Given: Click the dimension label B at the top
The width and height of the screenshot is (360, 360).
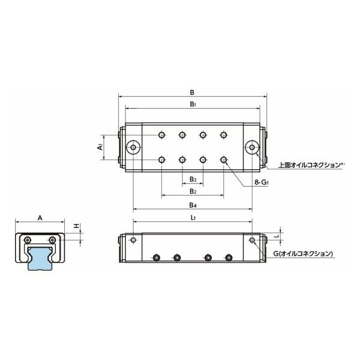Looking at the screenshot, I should pos(191,92).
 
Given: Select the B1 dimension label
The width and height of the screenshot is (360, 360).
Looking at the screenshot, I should pos(191,104).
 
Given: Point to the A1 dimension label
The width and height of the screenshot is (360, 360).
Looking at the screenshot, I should pos(100,146).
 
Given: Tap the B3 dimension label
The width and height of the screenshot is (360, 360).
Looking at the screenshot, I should pos(192,179).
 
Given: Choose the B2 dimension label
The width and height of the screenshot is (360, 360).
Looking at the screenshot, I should pos(192,191).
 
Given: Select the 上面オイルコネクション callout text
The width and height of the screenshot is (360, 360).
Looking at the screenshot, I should pos(310,164).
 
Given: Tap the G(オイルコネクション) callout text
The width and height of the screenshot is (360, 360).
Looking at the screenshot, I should pos(303,254).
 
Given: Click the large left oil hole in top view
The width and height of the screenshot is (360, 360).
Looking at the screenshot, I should pos(133,147).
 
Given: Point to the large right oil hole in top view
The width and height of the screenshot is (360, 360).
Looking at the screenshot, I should pos(252,147).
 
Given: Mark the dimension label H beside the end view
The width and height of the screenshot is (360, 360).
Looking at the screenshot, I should pos(76,226).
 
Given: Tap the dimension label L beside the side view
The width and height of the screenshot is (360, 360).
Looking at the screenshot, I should pos(277,236).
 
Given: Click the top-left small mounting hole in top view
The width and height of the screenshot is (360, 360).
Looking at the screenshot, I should pos(161,135).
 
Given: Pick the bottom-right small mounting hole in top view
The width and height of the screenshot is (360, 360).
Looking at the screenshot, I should pos(224,160).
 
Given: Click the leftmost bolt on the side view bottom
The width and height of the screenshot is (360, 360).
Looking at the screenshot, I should pos(156,258).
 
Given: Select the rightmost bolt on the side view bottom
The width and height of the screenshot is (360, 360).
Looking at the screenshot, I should pos(228,258).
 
